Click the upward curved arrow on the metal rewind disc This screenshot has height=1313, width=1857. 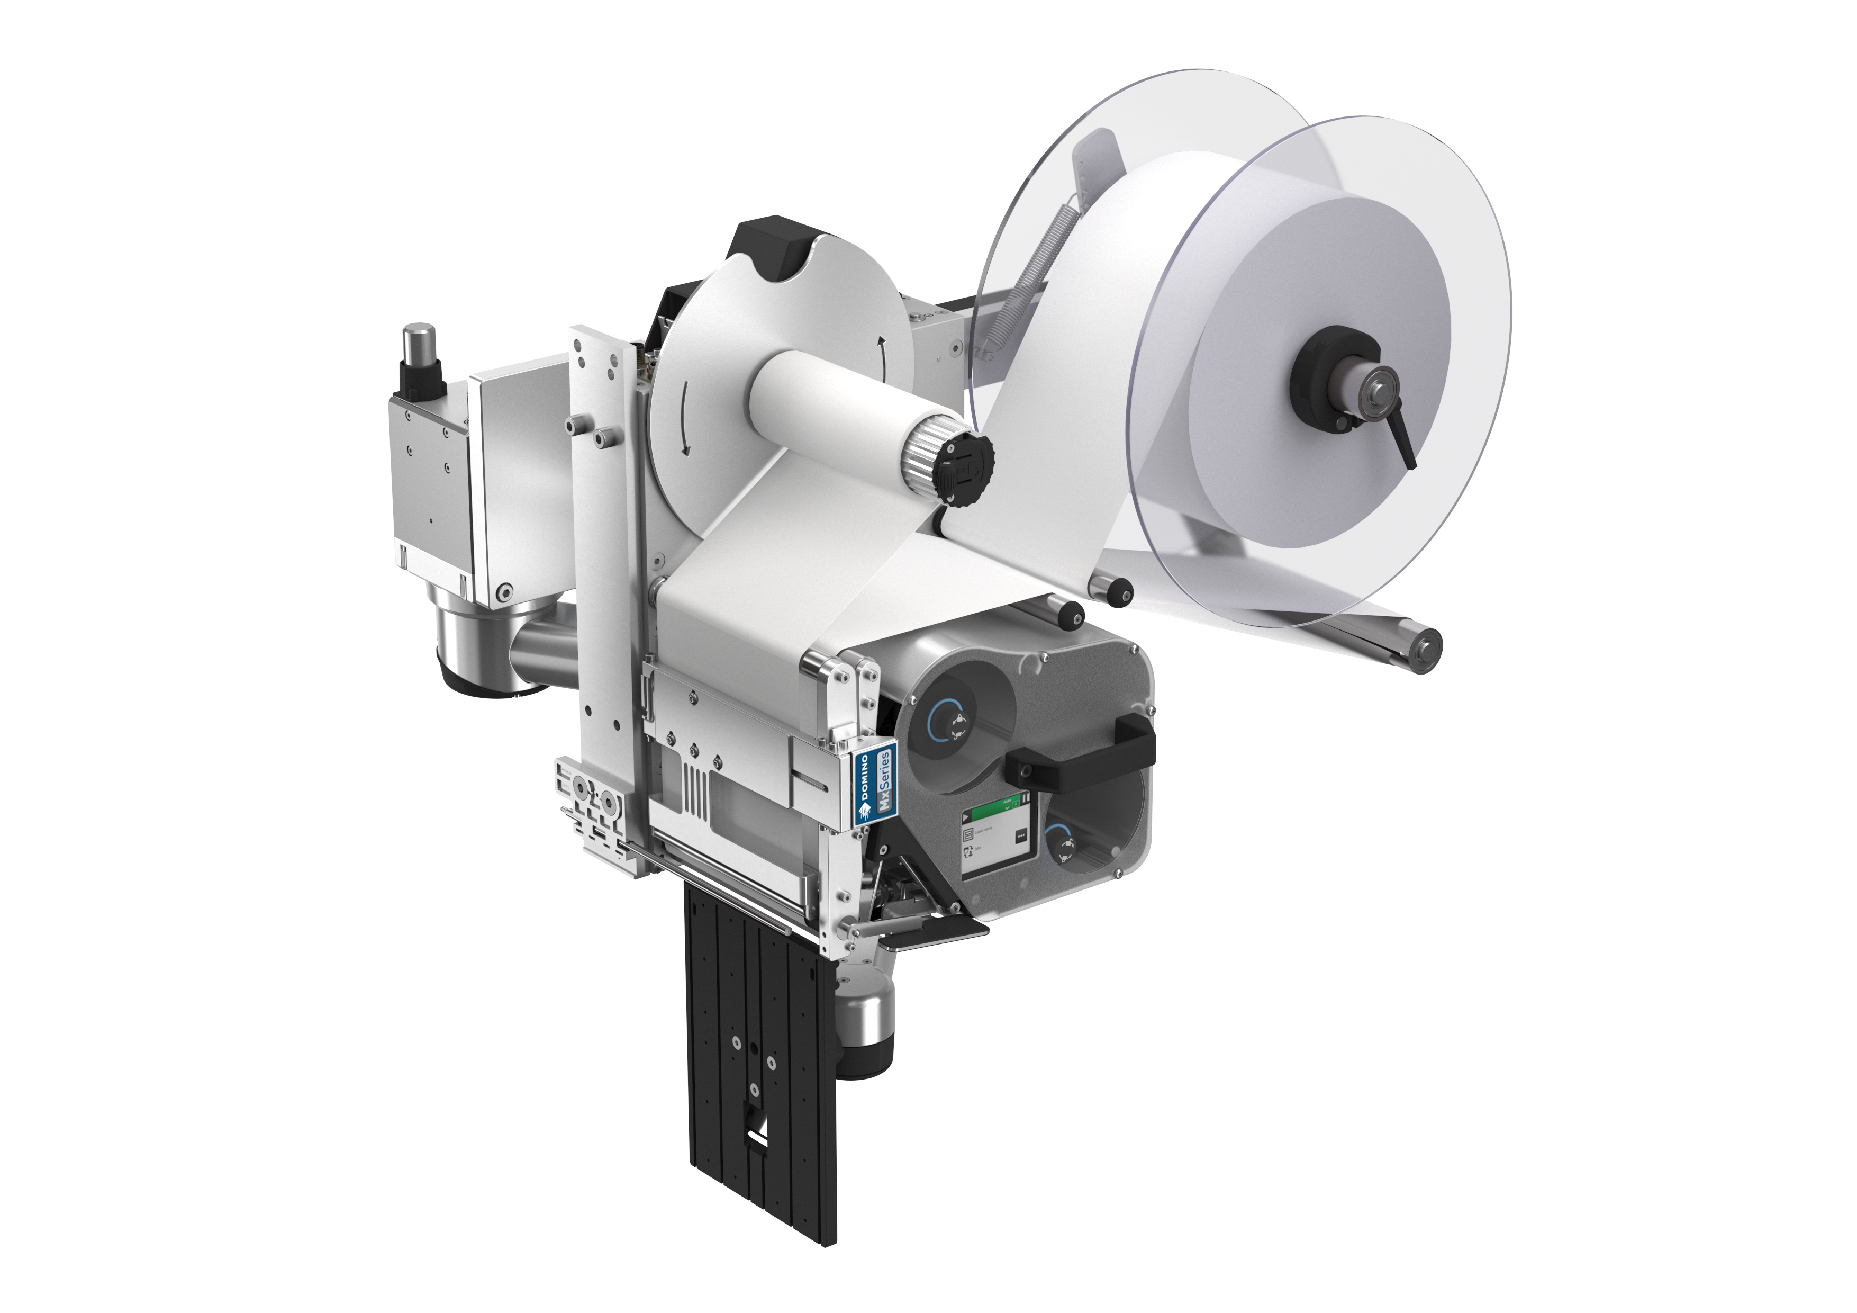[882, 354]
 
